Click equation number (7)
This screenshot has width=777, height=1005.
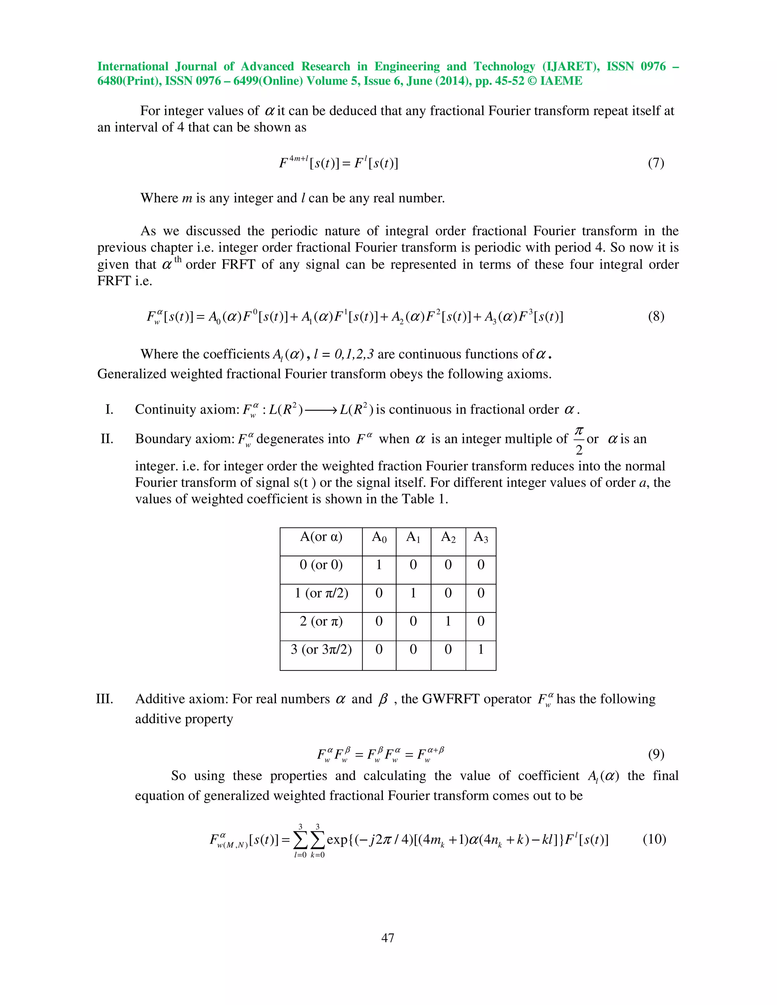pos(656,163)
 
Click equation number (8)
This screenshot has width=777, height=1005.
pos(656,317)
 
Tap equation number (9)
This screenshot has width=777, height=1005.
pos(656,754)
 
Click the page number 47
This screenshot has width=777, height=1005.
pos(388,937)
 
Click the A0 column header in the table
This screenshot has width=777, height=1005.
pos(379,537)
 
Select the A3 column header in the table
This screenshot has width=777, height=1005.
pos(481,537)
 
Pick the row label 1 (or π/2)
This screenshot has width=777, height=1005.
pos(321,593)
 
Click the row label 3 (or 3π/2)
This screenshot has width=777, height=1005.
pos(321,649)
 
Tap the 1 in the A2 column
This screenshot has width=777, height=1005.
pos(448,621)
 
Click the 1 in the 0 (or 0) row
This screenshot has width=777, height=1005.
pos(379,565)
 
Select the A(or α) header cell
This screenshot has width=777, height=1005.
pos(321,537)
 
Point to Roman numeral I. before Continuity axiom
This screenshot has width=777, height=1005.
pos(109,410)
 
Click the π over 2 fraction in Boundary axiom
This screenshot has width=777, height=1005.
pos(579,440)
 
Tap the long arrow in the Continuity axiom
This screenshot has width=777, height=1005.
pos(321,410)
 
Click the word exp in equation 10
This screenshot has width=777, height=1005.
pos(337,839)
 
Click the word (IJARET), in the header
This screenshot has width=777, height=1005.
pos(571,66)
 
